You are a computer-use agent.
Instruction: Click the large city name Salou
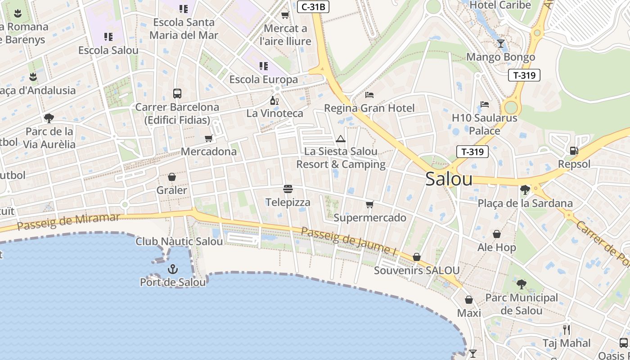tap(449, 179)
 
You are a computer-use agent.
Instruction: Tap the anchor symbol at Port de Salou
tap(172, 269)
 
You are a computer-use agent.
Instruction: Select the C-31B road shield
tap(313, 7)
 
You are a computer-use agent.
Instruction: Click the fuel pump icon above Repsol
tap(574, 151)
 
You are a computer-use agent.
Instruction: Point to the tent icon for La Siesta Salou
tap(341, 139)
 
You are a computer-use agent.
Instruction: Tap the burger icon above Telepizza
tap(288, 189)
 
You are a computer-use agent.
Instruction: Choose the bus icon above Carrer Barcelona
tap(177, 94)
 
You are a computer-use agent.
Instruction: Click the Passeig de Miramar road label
tap(68, 221)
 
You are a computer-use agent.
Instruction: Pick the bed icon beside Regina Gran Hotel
tap(369, 95)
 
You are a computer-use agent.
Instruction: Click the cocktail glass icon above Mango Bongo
tap(500, 44)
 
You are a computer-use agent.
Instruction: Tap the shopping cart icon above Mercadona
tap(208, 138)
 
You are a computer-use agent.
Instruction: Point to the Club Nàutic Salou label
tap(179, 242)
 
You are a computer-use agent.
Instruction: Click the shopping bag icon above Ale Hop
tap(497, 234)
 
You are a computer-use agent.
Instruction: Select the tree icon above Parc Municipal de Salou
tap(522, 284)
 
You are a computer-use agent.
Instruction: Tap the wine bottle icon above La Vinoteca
tap(274, 100)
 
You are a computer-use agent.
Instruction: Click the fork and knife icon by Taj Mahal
tap(567, 330)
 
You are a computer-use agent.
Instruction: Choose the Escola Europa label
tap(263, 80)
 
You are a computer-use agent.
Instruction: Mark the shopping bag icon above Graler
tap(171, 177)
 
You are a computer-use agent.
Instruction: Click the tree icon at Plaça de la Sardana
tap(525, 189)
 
